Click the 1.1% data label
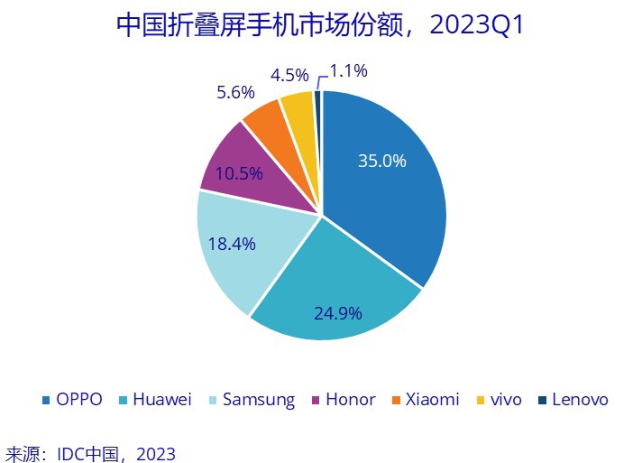click(348, 70)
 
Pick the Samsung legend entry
click(252, 399)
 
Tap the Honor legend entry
click(344, 399)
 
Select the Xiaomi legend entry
click(426, 399)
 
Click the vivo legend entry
click(498, 399)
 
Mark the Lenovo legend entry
click(573, 399)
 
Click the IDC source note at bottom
click(91, 453)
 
